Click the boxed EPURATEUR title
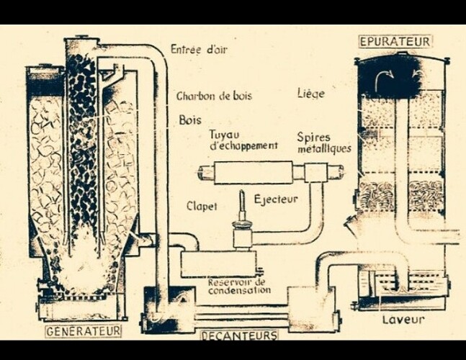(395, 41)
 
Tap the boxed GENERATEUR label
(84, 331)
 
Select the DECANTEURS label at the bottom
(240, 336)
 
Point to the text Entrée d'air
(199, 49)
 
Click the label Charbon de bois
(215, 96)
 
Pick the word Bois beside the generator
(190, 120)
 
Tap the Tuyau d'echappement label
(243, 140)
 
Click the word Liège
(311, 94)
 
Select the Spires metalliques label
(324, 143)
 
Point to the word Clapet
(202, 206)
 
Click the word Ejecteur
(276, 199)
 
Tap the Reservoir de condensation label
(240, 287)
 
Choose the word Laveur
(403, 320)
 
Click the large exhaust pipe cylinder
(254, 173)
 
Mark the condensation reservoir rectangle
(219, 264)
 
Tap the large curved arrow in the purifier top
(384, 78)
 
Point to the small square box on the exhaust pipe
(315, 173)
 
